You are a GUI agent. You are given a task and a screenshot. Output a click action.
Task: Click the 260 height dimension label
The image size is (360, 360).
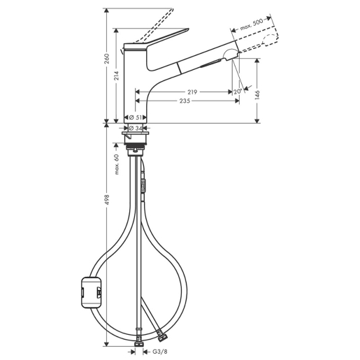[x=107, y=59]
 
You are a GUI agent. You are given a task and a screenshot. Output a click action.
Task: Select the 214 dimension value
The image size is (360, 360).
[x=117, y=75]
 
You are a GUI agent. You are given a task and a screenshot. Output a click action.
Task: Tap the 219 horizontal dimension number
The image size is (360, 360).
[x=192, y=92]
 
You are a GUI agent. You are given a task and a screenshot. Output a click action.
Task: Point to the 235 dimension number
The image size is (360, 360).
[x=185, y=101]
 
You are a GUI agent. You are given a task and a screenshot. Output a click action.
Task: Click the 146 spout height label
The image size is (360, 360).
[x=257, y=95]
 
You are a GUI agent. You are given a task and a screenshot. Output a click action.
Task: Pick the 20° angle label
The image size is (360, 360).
[x=238, y=92]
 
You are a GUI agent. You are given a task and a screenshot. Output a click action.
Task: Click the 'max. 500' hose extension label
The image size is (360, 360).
[x=252, y=24]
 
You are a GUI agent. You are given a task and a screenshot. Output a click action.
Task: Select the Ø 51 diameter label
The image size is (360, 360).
[x=136, y=117]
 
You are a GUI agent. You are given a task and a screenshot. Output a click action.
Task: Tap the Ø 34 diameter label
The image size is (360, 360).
[x=136, y=128]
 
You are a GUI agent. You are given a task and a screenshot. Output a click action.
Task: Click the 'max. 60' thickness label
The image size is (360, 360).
[x=117, y=164]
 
